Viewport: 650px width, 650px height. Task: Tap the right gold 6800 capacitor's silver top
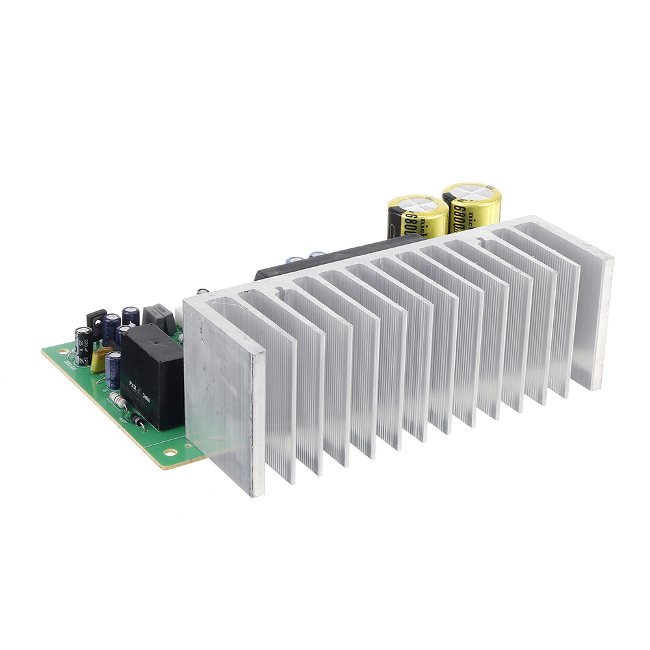pyautogui.click(x=471, y=194)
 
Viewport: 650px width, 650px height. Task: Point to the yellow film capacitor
pyautogui.click(x=100, y=359)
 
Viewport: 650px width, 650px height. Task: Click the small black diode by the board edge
pyautogui.click(x=138, y=421)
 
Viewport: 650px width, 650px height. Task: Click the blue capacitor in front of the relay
pyautogui.click(x=114, y=370)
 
